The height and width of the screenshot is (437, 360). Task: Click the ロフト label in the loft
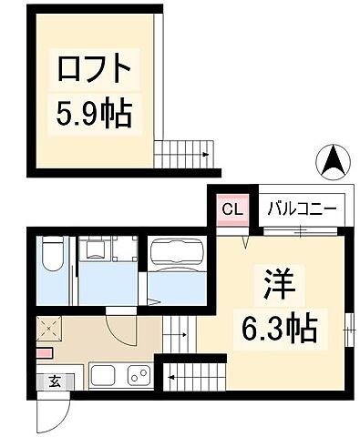coord(95,68)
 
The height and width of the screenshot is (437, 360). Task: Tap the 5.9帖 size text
coord(95,113)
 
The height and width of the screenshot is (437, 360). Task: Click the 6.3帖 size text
coord(279,328)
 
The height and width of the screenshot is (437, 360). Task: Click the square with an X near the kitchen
coord(50,328)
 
